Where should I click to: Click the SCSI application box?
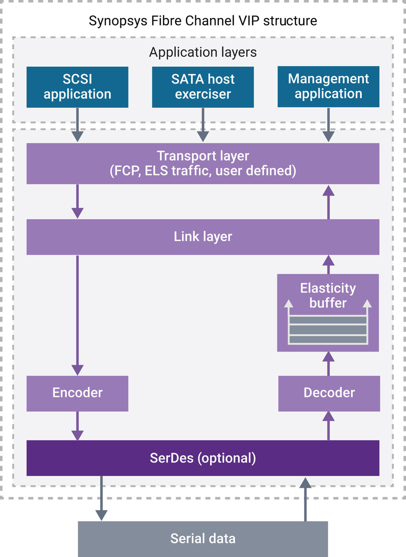tap(77, 87)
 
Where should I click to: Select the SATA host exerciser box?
tap(203, 87)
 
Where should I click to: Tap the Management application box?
tap(329, 87)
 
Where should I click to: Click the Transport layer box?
tap(203, 164)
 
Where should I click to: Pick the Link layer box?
tap(203, 237)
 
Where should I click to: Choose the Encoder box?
tap(77, 393)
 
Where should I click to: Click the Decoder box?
tap(329, 393)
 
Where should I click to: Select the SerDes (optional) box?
tap(203, 458)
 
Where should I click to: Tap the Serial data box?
tap(203, 539)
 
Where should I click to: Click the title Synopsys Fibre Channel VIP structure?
tap(203, 21)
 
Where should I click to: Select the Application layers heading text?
tap(203, 52)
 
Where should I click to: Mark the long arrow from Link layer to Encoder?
tap(77, 315)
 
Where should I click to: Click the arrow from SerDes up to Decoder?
tap(328, 425)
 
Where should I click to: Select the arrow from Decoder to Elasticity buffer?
tap(328, 363)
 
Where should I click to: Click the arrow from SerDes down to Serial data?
tap(101, 498)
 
